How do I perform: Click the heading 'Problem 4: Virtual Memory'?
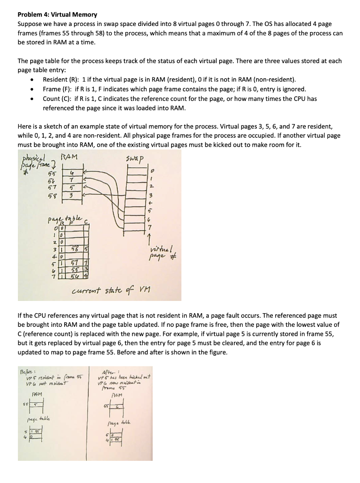point(57,15)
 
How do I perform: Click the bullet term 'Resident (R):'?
point(62,80)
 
